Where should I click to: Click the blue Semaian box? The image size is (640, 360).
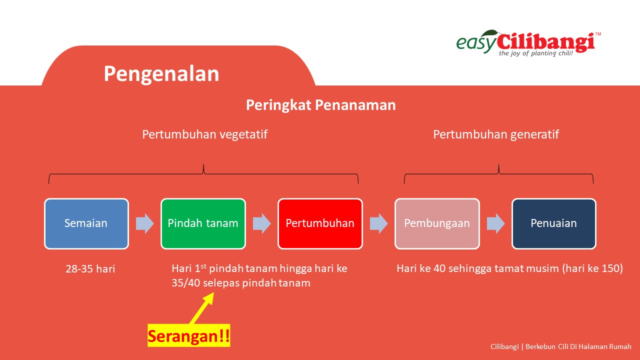click(86, 223)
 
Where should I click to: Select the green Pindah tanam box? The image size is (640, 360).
click(203, 223)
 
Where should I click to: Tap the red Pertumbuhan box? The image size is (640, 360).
click(320, 223)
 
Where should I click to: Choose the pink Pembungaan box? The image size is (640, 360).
click(437, 223)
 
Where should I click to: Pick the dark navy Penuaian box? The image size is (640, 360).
click(554, 223)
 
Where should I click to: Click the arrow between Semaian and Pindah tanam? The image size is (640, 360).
click(144, 223)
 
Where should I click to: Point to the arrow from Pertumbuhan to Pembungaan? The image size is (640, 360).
click(379, 223)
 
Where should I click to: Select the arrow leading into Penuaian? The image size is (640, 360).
click(495, 223)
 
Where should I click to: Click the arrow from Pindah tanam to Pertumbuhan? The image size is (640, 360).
click(261, 223)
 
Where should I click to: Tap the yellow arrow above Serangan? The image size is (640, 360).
click(201, 308)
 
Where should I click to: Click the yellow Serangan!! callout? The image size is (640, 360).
click(189, 335)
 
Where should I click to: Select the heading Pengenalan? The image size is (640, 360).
click(161, 73)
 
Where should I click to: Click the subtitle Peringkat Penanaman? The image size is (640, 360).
click(321, 105)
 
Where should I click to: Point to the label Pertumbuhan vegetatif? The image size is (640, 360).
click(205, 134)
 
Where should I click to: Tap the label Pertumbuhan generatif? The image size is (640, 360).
click(496, 134)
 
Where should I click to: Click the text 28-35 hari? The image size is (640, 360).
click(90, 269)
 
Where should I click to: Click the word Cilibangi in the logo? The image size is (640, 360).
click(546, 43)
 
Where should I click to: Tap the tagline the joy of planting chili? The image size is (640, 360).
click(536, 53)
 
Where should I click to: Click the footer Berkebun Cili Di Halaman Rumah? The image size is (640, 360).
click(578, 346)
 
